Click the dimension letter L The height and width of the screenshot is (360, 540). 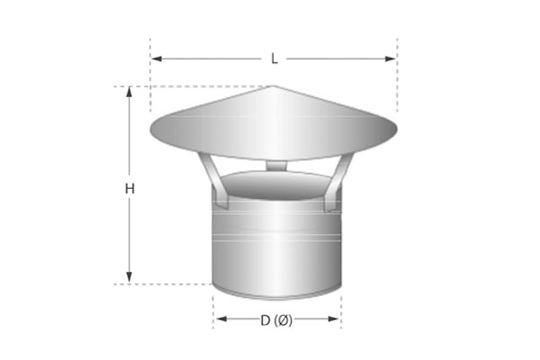(x=274, y=58)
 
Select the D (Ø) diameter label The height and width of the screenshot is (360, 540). (x=276, y=319)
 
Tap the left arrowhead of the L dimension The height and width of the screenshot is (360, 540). (x=156, y=58)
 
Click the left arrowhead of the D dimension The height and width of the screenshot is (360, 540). (x=219, y=319)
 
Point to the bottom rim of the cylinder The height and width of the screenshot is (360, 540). (x=277, y=296)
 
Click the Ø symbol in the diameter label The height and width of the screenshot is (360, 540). (x=285, y=319)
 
